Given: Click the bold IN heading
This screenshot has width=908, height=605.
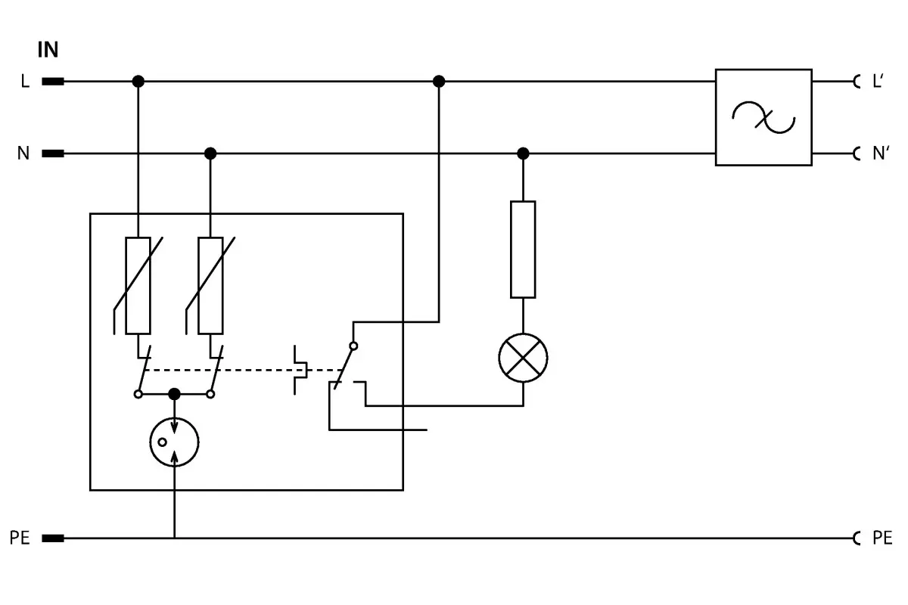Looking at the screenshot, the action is (48, 49).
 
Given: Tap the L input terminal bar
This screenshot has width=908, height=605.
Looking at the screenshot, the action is (53, 82).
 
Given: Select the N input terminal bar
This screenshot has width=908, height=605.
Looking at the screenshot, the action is (53, 154).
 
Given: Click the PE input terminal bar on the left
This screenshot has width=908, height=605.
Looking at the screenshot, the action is (53, 538).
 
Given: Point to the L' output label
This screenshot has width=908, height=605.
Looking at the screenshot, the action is (878, 81).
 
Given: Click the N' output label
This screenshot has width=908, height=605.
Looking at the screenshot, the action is (881, 154).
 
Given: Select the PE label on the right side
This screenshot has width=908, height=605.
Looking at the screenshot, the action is (882, 538).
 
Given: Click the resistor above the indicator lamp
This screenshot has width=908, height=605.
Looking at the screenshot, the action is (523, 250).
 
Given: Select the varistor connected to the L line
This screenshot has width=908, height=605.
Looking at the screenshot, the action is (138, 286).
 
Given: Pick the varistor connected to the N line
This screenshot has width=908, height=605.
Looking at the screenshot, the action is (210, 286).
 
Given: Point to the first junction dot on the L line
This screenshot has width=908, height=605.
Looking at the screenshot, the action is (138, 82).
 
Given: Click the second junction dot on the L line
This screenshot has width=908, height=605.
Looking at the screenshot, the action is (439, 82).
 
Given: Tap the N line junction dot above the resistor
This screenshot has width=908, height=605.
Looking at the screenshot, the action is (523, 154).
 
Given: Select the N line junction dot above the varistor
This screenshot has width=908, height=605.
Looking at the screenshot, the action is (210, 154).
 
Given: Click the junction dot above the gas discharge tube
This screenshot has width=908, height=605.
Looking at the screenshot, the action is (174, 394).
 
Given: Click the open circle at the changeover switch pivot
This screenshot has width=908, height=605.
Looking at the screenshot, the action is (353, 346).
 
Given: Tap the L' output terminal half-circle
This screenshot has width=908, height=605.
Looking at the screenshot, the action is (855, 82).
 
